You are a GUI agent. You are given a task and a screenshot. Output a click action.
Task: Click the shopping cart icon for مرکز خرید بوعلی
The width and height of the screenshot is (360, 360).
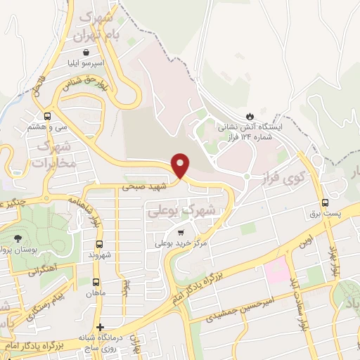(181, 232)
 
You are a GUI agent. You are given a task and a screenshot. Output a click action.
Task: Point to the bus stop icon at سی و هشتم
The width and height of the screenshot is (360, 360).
(47, 117)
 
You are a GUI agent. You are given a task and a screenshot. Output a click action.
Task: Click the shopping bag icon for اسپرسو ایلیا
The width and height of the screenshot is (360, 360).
(85, 53)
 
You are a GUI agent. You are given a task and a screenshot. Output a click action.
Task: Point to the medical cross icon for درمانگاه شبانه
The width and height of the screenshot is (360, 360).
(101, 327)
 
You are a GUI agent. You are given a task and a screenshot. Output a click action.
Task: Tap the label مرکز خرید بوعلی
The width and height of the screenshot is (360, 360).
(181, 244)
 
